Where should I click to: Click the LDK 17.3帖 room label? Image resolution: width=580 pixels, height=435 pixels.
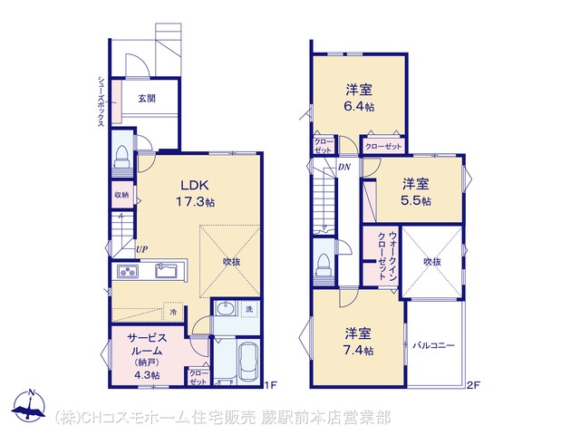(195, 193)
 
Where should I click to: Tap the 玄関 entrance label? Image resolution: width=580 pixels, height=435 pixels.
(147, 99)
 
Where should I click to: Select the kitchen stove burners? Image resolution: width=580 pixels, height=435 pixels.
(128, 271)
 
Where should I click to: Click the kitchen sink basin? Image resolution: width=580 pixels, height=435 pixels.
(165, 271)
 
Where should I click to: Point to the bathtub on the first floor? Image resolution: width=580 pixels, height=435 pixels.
(248, 362)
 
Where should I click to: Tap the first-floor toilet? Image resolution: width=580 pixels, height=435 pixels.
(121, 157)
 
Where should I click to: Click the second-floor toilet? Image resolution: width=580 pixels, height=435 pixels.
(323, 265)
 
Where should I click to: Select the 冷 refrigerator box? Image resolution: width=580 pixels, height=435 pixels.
(173, 312)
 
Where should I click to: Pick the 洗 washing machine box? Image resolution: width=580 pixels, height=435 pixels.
(249, 308)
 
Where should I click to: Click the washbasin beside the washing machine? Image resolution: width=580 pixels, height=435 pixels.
(226, 308)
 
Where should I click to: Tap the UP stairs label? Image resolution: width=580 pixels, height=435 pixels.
(141, 250)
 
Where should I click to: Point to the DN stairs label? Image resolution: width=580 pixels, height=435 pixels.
(344, 167)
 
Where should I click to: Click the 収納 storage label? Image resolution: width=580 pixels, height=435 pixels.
(121, 194)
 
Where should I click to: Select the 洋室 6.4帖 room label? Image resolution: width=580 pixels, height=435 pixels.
(359, 98)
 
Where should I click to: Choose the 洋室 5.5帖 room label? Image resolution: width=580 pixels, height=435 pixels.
(416, 192)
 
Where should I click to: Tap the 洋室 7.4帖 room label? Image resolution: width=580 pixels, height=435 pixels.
(359, 342)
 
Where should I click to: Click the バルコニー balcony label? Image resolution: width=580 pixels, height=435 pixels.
(433, 346)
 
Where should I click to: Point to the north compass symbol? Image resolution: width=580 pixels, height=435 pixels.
(29, 405)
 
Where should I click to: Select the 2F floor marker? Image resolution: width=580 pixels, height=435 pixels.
(473, 385)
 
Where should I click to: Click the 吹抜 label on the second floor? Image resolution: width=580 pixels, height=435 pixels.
(432, 262)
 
